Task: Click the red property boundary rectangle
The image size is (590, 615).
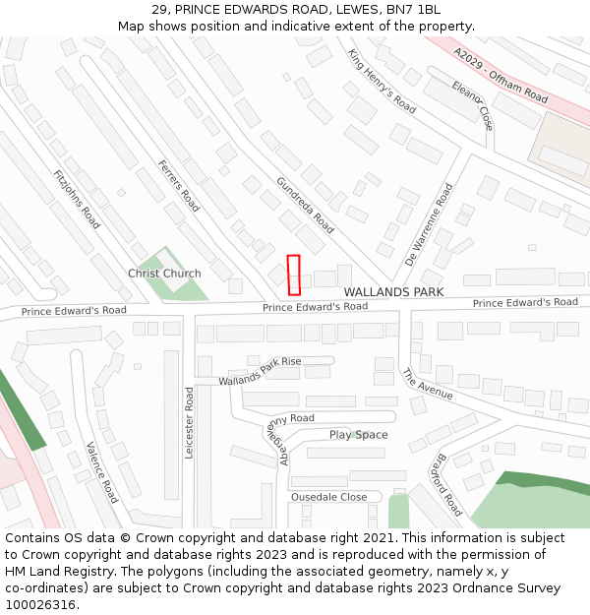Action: pyautogui.click(x=293, y=275)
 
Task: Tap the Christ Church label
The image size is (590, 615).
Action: pyautogui.click(x=164, y=274)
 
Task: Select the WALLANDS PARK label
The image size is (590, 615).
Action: pyautogui.click(x=393, y=292)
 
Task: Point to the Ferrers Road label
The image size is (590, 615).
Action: pyautogui.click(x=179, y=186)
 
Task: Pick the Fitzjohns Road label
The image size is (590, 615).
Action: pyautogui.click(x=77, y=197)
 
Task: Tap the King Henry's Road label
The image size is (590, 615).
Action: pyautogui.click(x=383, y=80)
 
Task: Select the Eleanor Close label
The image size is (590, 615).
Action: pyautogui.click(x=472, y=105)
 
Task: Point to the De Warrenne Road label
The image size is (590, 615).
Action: pyautogui.click(x=429, y=224)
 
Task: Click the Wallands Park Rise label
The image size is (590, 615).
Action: pyautogui.click(x=260, y=371)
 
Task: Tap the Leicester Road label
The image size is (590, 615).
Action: pyautogui.click(x=190, y=422)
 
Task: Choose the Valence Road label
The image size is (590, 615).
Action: pyautogui.click(x=102, y=471)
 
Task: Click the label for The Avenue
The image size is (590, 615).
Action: pyautogui.click(x=427, y=384)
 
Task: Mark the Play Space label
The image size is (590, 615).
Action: pyautogui.click(x=358, y=435)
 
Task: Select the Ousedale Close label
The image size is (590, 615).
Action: pyautogui.click(x=328, y=497)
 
